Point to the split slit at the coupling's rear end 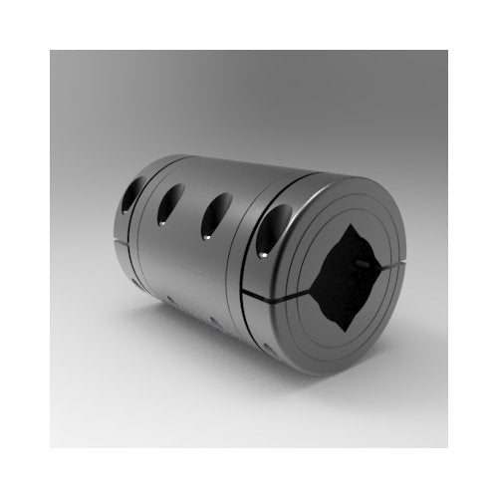121,236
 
